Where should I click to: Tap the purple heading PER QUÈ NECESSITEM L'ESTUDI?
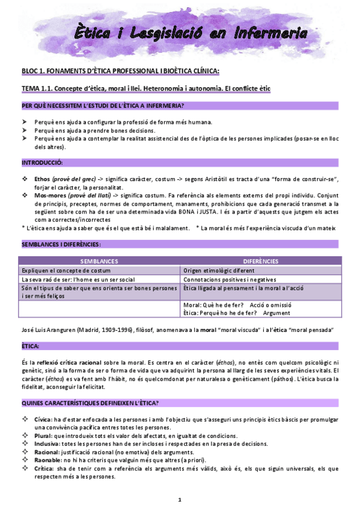103,106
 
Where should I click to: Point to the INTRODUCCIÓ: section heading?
42,163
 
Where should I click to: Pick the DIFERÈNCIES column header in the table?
261,261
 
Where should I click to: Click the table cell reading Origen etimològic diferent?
221,271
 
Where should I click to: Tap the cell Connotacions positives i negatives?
230,280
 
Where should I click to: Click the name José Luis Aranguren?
49,330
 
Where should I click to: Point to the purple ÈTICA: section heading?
31,347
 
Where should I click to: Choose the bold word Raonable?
47,460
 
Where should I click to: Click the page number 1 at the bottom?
180,500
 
